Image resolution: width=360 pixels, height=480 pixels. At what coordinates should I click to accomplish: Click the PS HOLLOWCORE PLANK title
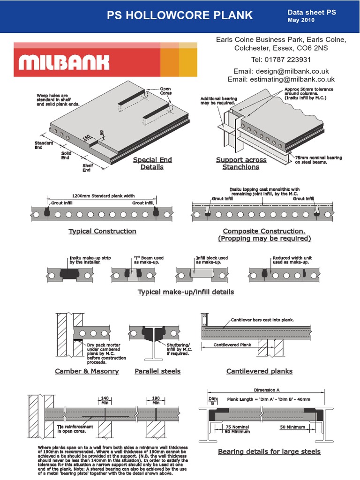[x=180, y=15]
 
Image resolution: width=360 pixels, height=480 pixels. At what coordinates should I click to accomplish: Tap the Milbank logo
[x=64, y=62]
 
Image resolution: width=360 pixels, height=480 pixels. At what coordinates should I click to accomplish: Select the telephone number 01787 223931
[x=281, y=60]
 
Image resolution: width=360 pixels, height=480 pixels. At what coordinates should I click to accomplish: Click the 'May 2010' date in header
[x=301, y=20]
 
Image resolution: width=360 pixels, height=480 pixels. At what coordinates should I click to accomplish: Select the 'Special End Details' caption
[x=152, y=163]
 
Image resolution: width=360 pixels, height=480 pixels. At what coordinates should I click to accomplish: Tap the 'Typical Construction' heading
[x=102, y=231]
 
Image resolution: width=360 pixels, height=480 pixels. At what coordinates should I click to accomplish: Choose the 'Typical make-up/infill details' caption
[x=186, y=292]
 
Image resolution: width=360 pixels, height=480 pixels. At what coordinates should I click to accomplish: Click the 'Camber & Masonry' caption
[x=87, y=371]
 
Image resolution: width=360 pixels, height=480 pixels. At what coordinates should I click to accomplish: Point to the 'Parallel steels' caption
[x=157, y=371]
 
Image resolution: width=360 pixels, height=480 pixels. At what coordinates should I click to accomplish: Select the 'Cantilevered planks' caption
[x=259, y=371]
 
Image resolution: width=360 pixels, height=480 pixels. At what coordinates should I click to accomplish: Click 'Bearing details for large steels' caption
[x=269, y=451]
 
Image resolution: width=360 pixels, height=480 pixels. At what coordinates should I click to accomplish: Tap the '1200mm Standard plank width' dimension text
[x=103, y=196]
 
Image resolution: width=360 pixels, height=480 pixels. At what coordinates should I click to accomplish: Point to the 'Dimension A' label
[x=267, y=390]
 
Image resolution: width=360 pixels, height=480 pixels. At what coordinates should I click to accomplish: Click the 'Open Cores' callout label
[x=166, y=91]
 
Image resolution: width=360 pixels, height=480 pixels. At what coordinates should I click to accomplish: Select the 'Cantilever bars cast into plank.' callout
[x=262, y=320]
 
